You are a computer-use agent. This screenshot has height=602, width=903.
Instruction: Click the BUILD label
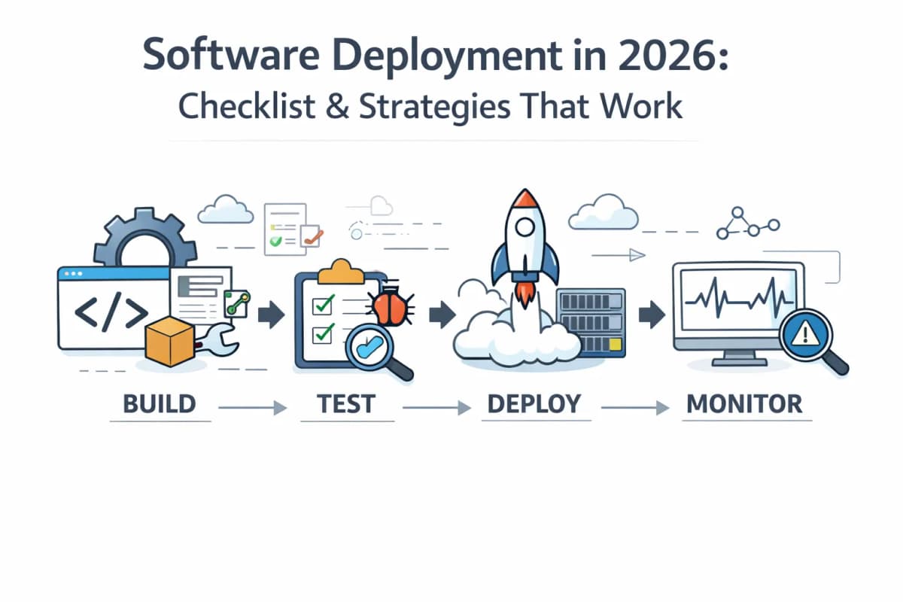click(x=159, y=404)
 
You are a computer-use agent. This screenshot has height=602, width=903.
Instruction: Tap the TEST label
click(x=345, y=404)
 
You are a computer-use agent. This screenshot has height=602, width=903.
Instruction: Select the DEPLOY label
click(x=534, y=404)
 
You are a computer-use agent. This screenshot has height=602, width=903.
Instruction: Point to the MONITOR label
click(x=744, y=404)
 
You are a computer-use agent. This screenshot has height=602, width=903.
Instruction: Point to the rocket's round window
click(x=524, y=239)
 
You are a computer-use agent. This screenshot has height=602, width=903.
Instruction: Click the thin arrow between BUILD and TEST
click(x=253, y=407)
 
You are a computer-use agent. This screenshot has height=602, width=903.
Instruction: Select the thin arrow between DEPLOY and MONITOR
click(x=636, y=407)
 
